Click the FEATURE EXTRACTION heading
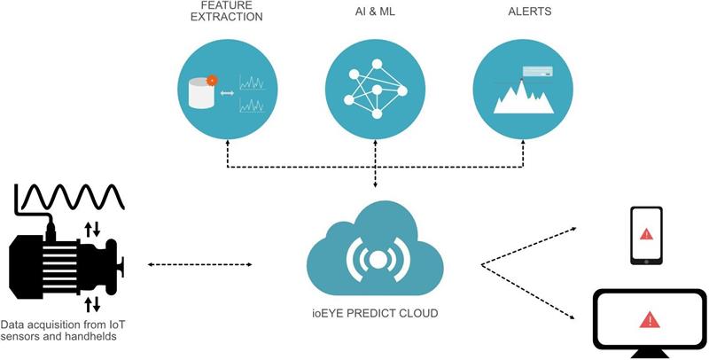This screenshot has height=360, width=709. (227, 12)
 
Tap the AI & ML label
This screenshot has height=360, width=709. (375, 12)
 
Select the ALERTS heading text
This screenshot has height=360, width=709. (529, 12)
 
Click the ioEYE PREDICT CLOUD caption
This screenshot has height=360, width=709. (374, 313)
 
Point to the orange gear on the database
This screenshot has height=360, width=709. (212, 81)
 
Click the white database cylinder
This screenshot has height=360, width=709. (201, 93)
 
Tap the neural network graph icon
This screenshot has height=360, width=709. (375, 89)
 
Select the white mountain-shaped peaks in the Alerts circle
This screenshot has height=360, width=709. (524, 97)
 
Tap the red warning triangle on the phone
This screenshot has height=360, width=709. (646, 234)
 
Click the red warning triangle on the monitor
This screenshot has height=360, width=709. (650, 320)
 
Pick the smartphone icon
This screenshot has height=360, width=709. (647, 235)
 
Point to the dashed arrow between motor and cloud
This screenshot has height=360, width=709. (199, 264)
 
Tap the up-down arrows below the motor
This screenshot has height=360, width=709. (92, 304)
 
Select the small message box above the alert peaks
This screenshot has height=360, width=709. (538, 72)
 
